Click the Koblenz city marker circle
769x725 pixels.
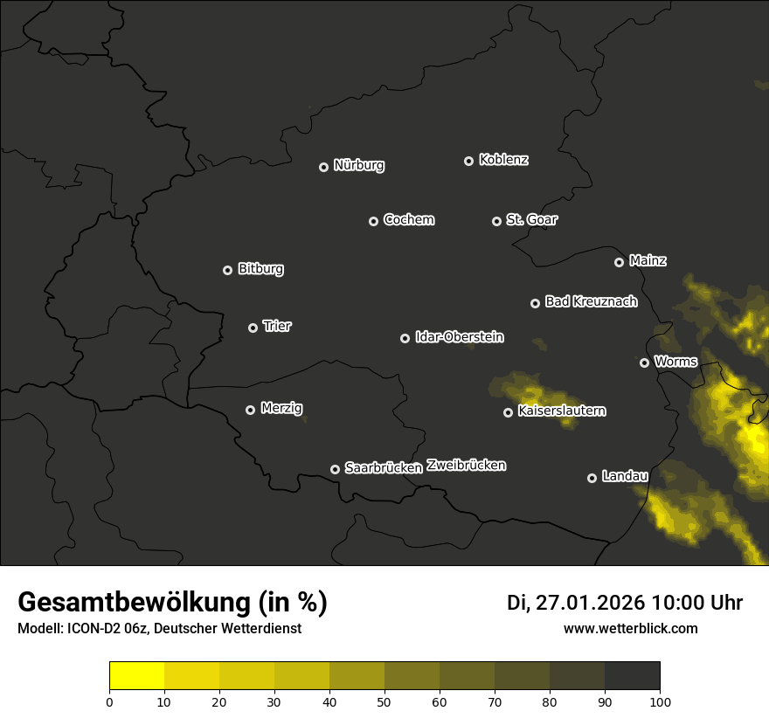pyautogui.click(x=468, y=161)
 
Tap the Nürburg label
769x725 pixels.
pyautogui.click(x=359, y=165)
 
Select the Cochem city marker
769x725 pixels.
pyautogui.click(x=373, y=221)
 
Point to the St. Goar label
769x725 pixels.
pyautogui.click(x=531, y=219)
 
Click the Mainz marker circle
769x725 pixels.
pyautogui.click(x=619, y=262)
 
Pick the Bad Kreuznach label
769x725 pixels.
pyautogui.click(x=591, y=301)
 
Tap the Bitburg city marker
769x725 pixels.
pyautogui.click(x=227, y=270)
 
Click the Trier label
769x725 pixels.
pyautogui.click(x=277, y=326)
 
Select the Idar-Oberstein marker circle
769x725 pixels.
pyautogui.click(x=405, y=338)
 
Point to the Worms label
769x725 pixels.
pyautogui.click(x=675, y=361)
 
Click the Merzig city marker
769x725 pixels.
pyautogui.click(x=250, y=410)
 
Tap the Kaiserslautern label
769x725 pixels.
pyautogui.click(x=562, y=411)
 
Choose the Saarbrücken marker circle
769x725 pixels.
pyautogui.click(x=335, y=469)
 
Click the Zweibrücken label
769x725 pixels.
pyautogui.click(x=466, y=466)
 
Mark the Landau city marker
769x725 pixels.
pyautogui.click(x=592, y=478)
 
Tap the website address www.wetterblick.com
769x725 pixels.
pyautogui.click(x=630, y=628)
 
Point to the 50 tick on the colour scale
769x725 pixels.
pyautogui.click(x=384, y=701)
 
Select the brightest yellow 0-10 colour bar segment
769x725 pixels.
pyautogui.click(x=137, y=676)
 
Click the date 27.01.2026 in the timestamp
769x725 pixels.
pyautogui.click(x=588, y=603)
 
